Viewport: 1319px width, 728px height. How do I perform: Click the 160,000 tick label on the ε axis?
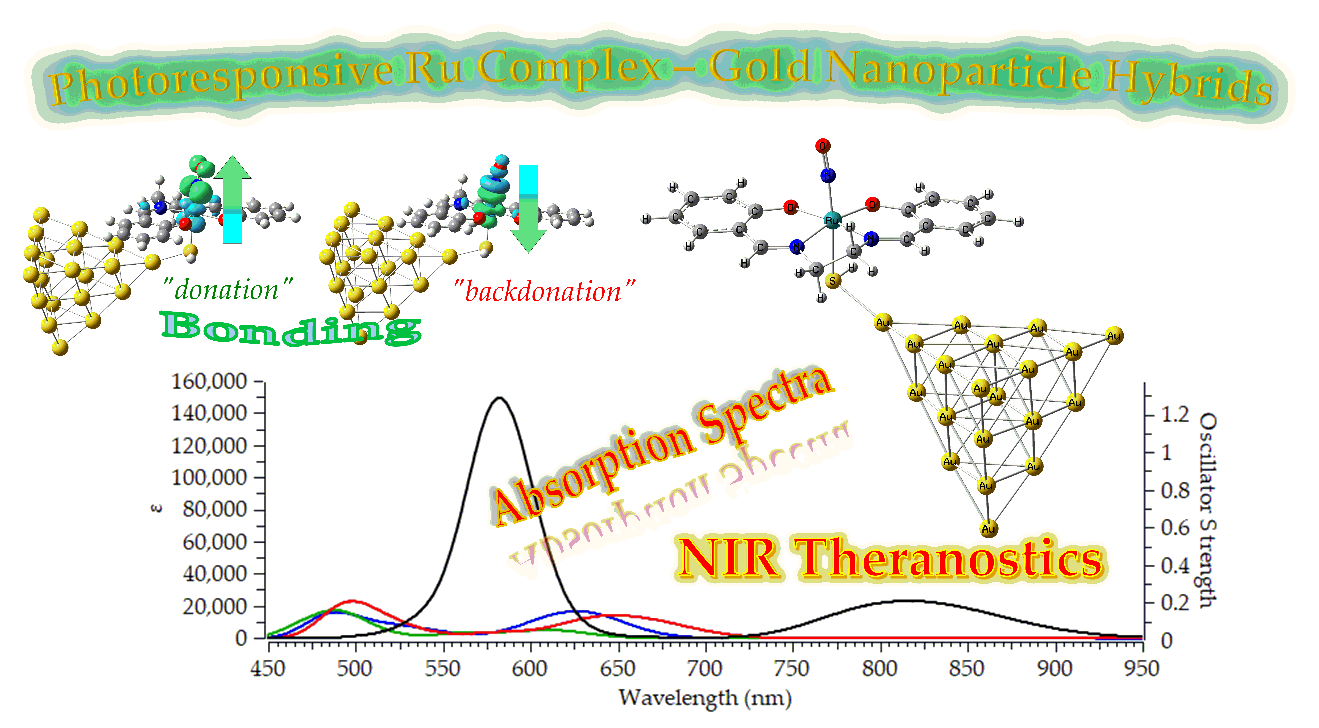pyautogui.click(x=209, y=382)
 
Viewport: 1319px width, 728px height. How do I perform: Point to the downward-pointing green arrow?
pyautogui.click(x=528, y=210)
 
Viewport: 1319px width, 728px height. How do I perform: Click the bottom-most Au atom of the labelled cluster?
pyautogui.click(x=988, y=529)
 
